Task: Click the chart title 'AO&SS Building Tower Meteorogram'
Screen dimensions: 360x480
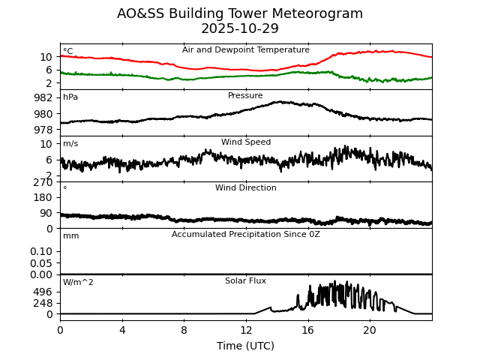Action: (x=240, y=13)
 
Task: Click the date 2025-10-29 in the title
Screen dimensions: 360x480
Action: (x=240, y=28)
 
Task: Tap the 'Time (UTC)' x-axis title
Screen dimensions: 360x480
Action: (x=246, y=346)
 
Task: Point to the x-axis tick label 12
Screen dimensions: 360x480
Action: (x=246, y=330)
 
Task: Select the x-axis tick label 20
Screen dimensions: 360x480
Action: (x=370, y=330)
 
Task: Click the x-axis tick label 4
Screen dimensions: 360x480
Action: (x=122, y=330)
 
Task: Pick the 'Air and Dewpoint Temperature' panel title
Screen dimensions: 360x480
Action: (x=246, y=50)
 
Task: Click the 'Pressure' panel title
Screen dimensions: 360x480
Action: (x=246, y=96)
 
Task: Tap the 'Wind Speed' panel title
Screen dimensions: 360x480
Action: (x=246, y=142)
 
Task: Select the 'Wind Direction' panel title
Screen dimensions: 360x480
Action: (x=246, y=188)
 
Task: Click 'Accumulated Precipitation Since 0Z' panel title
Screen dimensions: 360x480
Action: (x=246, y=235)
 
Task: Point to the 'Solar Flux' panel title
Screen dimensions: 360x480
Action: (x=246, y=281)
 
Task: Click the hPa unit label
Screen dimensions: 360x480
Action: (x=70, y=97)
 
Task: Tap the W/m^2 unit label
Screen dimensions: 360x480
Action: (x=78, y=283)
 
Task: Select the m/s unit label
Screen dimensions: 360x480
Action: (x=70, y=144)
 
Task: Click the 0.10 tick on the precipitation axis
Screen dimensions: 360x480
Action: (x=41, y=251)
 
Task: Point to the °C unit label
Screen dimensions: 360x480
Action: (x=68, y=52)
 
